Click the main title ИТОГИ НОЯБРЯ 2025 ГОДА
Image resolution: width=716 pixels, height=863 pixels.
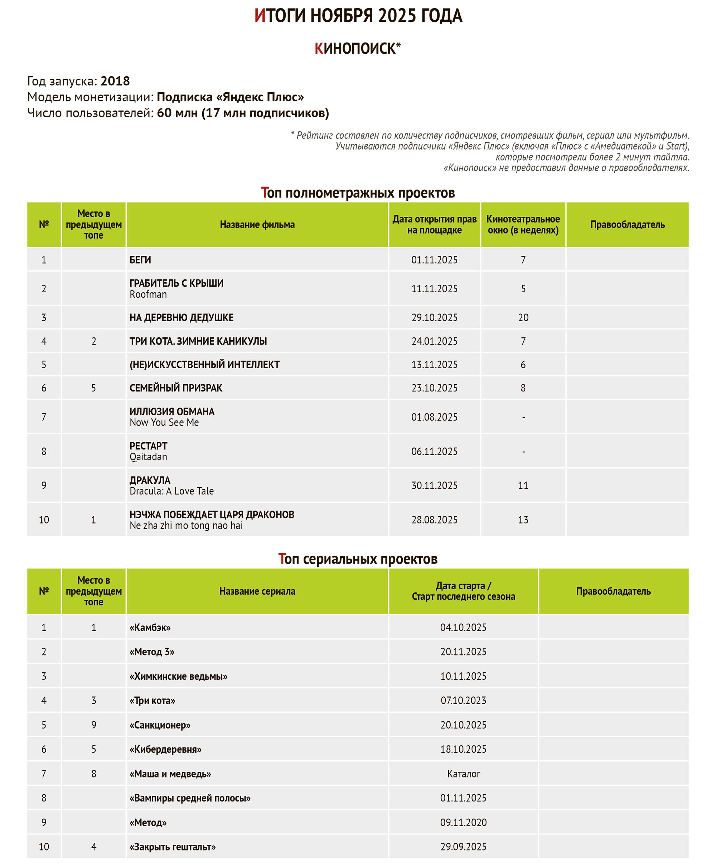tap(358, 16)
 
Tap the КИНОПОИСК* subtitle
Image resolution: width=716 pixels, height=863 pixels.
tap(357, 49)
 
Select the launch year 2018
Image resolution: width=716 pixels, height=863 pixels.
tap(115, 81)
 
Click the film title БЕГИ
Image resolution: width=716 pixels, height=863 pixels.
tap(140, 260)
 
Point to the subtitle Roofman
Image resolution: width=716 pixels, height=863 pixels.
tap(148, 294)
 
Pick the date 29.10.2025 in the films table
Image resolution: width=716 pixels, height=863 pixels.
tap(434, 318)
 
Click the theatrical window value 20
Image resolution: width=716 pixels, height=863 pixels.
tap(523, 318)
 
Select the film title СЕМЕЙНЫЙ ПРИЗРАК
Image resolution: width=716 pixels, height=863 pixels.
tap(176, 388)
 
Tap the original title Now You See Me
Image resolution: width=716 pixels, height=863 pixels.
tap(164, 423)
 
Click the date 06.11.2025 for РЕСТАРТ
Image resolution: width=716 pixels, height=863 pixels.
tap(434, 452)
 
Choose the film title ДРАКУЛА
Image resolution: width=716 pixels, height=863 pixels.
tap(150, 480)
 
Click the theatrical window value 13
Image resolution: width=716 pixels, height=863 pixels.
tap(523, 520)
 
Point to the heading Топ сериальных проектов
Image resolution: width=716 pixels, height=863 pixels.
tap(358, 559)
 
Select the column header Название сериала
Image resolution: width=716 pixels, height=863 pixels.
tap(257, 591)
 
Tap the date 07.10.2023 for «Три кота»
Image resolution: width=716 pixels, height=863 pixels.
tap(463, 701)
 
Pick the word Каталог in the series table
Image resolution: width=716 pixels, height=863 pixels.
tap(464, 774)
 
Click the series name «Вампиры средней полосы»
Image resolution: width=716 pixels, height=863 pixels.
tap(190, 798)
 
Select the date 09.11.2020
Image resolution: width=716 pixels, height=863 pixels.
tap(463, 822)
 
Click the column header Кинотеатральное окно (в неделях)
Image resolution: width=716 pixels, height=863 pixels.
tap(523, 224)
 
